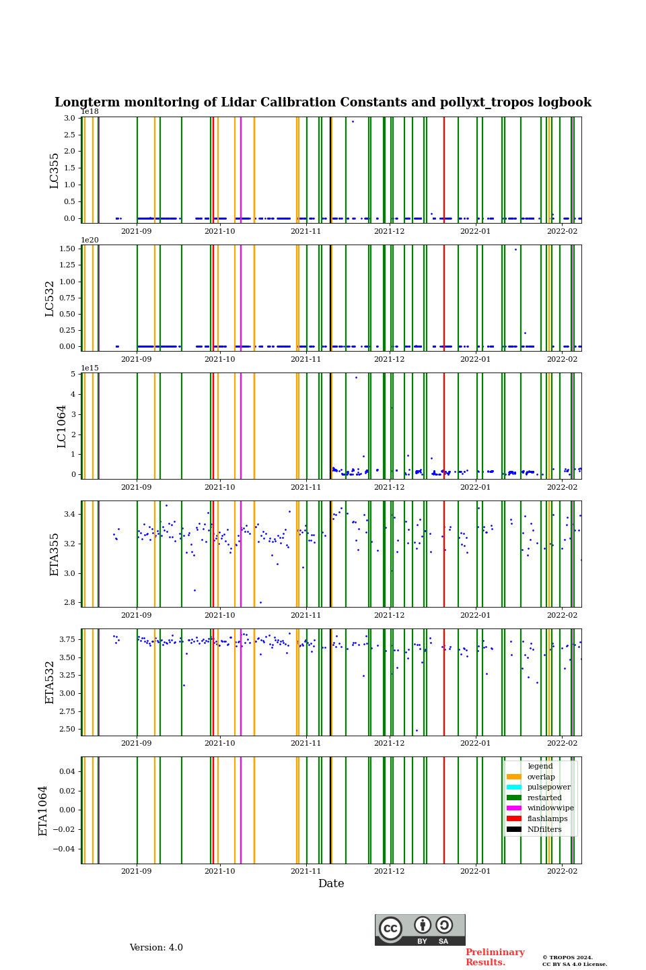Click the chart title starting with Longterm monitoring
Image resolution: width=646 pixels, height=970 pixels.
pos(323,102)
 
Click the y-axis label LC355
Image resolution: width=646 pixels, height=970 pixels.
pos(55,170)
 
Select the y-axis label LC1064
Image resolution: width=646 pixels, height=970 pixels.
pos(62,426)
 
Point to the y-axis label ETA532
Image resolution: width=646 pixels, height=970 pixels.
pos(50,682)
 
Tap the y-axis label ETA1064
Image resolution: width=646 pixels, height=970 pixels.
pos(43,810)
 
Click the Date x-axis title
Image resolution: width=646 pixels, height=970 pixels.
pos(331,884)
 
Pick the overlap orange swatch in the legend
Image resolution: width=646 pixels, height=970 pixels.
pos(514,777)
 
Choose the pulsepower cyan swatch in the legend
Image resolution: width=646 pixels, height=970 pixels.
pos(514,787)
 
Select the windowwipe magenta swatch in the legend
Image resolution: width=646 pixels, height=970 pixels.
pos(514,808)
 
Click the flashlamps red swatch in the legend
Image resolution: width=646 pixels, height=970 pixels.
pos(514,818)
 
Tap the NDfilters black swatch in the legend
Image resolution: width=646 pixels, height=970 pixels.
pos(514,829)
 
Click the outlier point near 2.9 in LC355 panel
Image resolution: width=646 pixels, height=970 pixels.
pos(353,121)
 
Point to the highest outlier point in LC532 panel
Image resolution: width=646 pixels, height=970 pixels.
pos(516,249)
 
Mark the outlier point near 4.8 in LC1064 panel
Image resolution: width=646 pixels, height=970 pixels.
pos(356,377)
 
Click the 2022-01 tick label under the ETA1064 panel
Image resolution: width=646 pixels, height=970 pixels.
pos(475,872)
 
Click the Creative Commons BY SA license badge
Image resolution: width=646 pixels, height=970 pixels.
pos(420,930)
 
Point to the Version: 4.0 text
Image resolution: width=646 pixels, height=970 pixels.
pos(156,948)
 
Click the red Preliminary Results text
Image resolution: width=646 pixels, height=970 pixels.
pos(495,957)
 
